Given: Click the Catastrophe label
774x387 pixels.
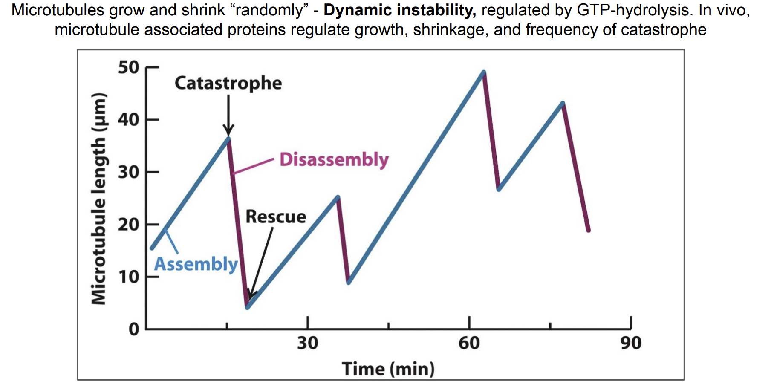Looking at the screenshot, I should (x=228, y=83).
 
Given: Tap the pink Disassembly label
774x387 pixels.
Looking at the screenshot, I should (x=334, y=159).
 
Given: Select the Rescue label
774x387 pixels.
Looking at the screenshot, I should (x=276, y=217).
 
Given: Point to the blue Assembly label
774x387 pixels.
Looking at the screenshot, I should (x=196, y=264).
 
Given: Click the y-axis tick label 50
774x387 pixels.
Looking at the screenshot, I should (x=128, y=67).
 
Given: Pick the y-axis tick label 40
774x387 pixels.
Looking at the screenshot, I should (x=128, y=120).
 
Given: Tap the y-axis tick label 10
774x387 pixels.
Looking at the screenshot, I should (x=128, y=277).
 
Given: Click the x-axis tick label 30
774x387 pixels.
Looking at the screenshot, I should (x=307, y=343).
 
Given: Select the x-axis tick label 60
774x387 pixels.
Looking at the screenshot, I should (x=469, y=343).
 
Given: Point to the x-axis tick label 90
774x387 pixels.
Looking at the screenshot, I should (x=631, y=343).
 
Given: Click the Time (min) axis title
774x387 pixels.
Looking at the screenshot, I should (x=388, y=369).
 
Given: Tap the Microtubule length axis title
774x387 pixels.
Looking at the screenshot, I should (x=98, y=198).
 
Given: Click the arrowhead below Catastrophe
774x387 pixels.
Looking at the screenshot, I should (x=228, y=130).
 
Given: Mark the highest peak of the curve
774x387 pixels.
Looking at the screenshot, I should (x=483, y=72).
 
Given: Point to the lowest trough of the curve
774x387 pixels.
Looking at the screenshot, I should (x=247, y=307).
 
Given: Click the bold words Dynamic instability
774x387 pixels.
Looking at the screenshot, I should (x=399, y=10).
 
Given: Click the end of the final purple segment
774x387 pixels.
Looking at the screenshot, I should (x=589, y=231).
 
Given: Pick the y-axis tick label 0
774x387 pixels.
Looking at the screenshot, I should (x=134, y=329).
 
